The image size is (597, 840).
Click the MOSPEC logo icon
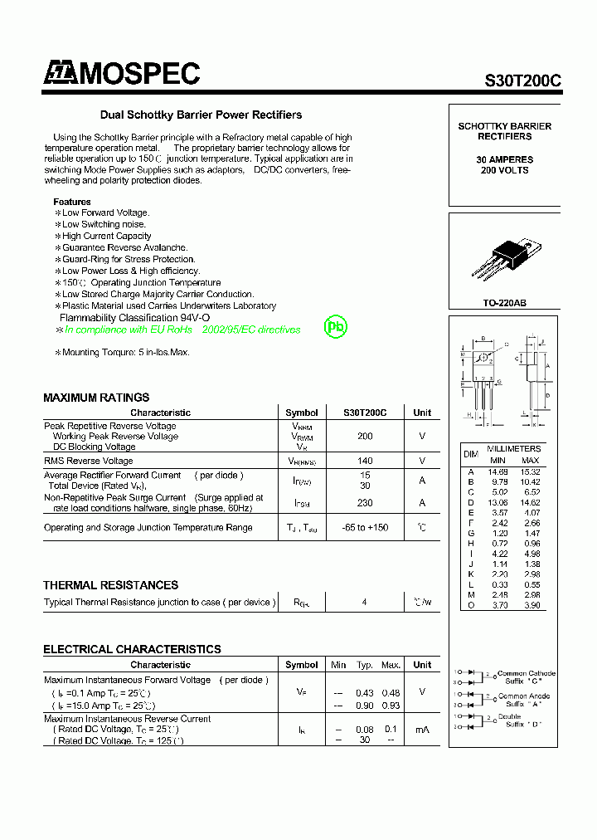pos(60,74)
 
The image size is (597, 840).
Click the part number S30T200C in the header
pos(522,81)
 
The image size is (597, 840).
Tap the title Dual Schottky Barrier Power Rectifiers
pos(201,115)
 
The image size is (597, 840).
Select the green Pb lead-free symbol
pos(335,327)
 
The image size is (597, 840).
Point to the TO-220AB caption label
pos(504,303)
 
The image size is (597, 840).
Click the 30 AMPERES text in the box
pos(504,159)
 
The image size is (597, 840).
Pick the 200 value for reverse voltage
pos(364,436)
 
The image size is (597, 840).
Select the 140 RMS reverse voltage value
pos(364,461)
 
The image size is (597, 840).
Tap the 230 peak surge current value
pos(364,503)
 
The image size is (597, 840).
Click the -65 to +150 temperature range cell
pos(364,528)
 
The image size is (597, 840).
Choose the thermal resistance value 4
pos(364,603)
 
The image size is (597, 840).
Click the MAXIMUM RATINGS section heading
pos(96,398)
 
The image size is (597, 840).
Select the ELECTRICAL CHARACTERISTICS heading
pos(132,649)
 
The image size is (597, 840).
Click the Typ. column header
pos(364,665)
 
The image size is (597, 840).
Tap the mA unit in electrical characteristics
pos(422,730)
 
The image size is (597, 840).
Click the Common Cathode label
pos(527,673)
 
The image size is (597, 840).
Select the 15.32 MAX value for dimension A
pos(530,471)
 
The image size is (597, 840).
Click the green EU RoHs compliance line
pos(182,330)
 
